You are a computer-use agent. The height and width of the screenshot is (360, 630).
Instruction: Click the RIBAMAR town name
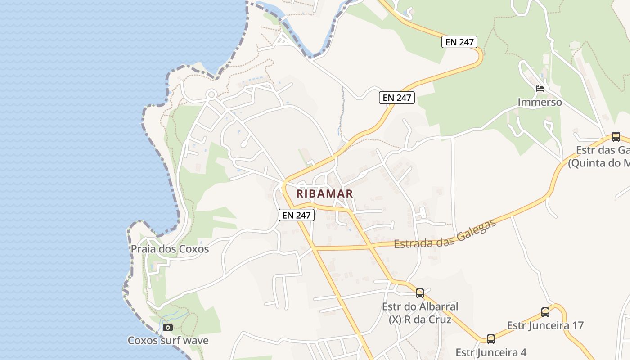pos(325,193)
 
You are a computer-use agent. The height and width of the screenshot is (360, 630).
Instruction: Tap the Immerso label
pos(540,102)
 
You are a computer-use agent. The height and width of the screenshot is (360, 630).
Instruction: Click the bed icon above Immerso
pos(540,88)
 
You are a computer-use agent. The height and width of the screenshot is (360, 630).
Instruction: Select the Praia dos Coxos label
pos(170,249)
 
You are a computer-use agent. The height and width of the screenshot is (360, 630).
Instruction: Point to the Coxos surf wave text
pos(168,340)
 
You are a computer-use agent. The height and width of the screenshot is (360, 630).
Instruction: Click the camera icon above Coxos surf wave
pos(168,327)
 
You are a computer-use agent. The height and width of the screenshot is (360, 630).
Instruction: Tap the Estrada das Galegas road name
pos(445,234)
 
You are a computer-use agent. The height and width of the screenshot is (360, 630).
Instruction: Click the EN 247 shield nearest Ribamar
pos(296,215)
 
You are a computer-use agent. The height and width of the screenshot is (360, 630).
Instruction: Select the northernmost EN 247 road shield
pos(459,42)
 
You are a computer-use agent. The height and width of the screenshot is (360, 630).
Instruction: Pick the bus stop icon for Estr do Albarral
pos(420,293)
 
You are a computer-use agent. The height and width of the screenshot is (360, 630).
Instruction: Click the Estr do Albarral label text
pos(420,307)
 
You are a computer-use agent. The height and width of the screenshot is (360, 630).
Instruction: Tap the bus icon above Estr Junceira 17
pos(545,312)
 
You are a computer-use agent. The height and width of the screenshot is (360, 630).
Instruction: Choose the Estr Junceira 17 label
pos(545,325)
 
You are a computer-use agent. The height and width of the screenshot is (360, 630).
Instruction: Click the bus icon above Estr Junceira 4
pos(491,339)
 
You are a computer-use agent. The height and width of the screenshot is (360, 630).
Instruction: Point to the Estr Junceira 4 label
pos(491,352)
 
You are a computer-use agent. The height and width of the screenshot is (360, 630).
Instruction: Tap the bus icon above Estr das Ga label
pos(616,137)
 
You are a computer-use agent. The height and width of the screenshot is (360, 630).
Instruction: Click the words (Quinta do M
pos(598,163)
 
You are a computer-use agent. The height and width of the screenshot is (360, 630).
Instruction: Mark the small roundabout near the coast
pos(211,94)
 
